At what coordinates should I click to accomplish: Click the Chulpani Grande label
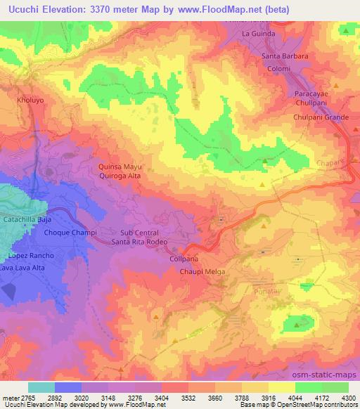coord(321,117)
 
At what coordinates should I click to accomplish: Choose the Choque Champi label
coord(70,233)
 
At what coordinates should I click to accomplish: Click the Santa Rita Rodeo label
coord(139,242)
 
